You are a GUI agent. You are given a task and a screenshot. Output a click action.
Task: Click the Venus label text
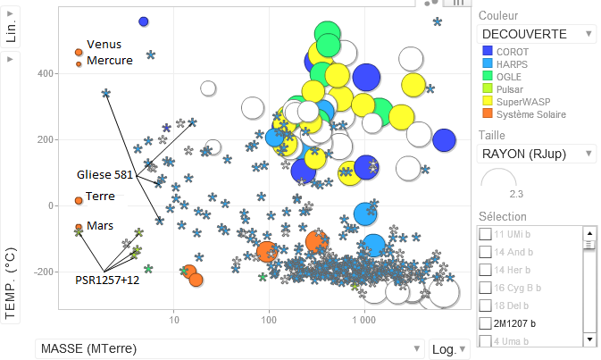[104, 44]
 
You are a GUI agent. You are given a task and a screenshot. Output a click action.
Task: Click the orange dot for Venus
[79, 53]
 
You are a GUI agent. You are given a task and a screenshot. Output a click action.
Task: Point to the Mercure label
[109, 61]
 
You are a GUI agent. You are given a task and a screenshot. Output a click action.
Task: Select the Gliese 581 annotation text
[104, 174]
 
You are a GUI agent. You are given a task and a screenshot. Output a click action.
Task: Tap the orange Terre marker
[79, 200]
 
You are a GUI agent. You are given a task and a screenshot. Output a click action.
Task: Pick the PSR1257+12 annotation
[107, 280]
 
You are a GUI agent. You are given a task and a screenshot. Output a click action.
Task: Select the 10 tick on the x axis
[175, 319]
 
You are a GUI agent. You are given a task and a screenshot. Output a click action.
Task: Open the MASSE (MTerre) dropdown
[230, 348]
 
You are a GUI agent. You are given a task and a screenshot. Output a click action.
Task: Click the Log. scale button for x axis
[447, 348]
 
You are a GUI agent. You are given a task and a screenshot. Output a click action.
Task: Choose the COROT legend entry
[512, 52]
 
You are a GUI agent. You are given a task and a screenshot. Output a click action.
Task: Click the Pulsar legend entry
[511, 89]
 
